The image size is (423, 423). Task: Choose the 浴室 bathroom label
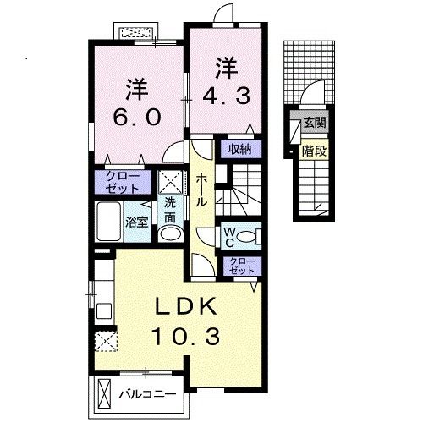137,222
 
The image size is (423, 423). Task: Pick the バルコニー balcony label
146,394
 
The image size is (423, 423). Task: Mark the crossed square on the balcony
104,394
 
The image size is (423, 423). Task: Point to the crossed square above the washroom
170,180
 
